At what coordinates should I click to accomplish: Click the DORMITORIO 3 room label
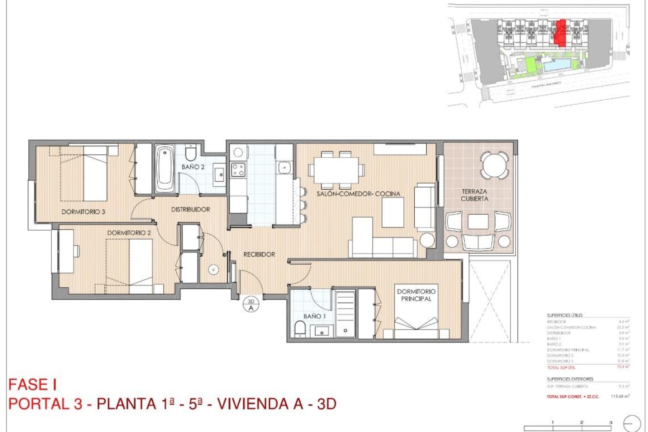pyautogui.click(x=83, y=212)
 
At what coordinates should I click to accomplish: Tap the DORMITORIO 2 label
pyautogui.click(x=129, y=233)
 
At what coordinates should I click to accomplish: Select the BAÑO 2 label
pyautogui.click(x=193, y=167)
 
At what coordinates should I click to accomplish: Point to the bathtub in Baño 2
pyautogui.click(x=165, y=169)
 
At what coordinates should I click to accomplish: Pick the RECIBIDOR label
pyautogui.click(x=259, y=254)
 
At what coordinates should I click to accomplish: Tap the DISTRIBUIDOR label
pyautogui.click(x=191, y=210)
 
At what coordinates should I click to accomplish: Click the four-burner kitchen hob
pyautogui.click(x=238, y=169)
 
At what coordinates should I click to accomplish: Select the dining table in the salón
pyautogui.click(x=336, y=170)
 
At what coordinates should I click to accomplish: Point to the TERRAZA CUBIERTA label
pyautogui.click(x=474, y=195)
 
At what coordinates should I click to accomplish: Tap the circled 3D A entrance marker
pyautogui.click(x=251, y=305)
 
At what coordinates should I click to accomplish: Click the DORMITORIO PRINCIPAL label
pyautogui.click(x=416, y=295)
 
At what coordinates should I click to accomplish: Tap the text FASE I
pyautogui.click(x=32, y=385)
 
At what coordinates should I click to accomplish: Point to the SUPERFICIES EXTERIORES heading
pyautogui.click(x=570, y=379)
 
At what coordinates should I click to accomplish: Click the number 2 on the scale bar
pyautogui.click(x=582, y=422)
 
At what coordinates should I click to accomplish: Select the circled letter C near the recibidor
pyautogui.click(x=213, y=269)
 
